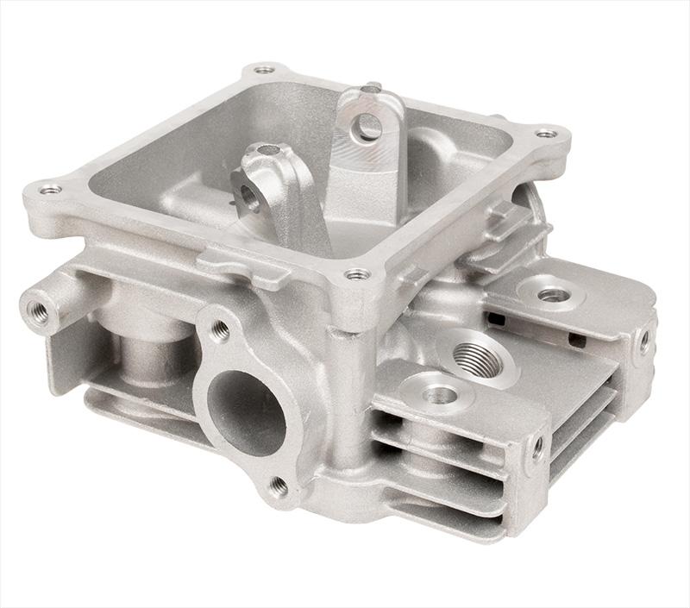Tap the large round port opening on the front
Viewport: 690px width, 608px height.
pyautogui.click(x=247, y=411)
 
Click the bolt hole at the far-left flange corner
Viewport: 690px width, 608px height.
pyautogui.click(x=50, y=189)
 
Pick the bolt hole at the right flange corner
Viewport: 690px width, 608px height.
pyautogui.click(x=545, y=134)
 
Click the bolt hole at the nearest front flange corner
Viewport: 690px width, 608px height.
pyautogui.click(x=356, y=275)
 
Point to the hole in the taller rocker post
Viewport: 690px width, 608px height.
pyautogui.click(x=369, y=126)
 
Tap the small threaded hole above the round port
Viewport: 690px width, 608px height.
pyautogui.click(x=220, y=329)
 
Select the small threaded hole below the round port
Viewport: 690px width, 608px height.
pyautogui.click(x=278, y=487)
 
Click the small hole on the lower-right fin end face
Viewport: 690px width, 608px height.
pyautogui.click(x=538, y=448)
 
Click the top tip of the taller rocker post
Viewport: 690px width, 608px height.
pyautogui.click(x=371, y=88)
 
